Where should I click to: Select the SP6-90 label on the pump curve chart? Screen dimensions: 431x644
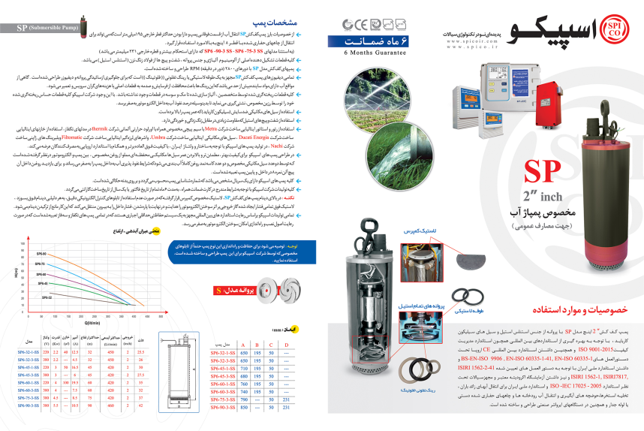point(41,255)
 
